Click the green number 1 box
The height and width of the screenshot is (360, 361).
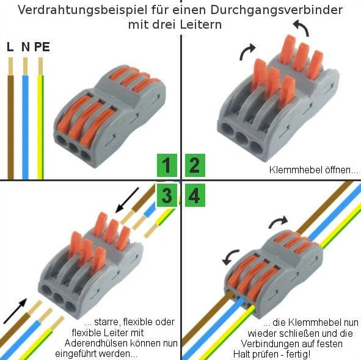click(167, 165)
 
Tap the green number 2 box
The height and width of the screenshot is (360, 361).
click(195, 165)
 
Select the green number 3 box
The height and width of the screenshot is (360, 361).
click(167, 195)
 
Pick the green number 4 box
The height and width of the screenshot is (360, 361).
click(195, 195)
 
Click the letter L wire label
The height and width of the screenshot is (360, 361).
click(10, 47)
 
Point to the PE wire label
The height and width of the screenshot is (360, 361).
click(42, 47)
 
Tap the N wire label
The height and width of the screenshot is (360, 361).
click(26, 47)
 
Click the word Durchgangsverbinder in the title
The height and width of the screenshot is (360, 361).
click(276, 10)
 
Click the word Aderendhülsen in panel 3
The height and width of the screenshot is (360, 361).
click(96, 343)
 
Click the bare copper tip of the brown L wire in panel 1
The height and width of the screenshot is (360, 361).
click(10, 67)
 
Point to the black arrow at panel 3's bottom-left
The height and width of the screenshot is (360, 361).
click(15, 311)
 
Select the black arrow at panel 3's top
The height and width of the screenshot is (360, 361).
click(127, 200)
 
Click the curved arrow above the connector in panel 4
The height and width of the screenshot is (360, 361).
click(278, 221)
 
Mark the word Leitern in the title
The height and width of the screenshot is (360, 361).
click(200, 25)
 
